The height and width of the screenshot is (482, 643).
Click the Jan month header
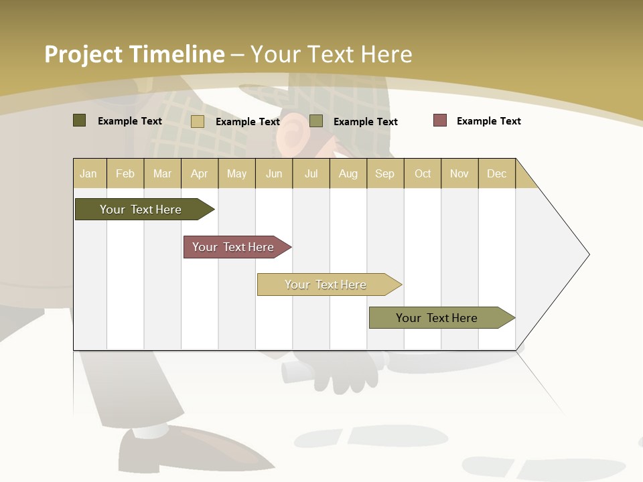(89, 173)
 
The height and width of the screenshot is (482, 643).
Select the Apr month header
(200, 173)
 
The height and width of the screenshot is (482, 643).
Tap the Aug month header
(348, 173)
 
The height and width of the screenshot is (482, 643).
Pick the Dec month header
(496, 173)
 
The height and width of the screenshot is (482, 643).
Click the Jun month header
(274, 173)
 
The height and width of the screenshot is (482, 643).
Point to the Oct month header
(423, 173)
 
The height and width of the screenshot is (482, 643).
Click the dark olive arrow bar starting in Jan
(141, 210)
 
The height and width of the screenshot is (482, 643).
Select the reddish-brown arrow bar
(233, 247)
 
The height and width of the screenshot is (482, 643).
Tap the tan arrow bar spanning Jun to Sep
(326, 285)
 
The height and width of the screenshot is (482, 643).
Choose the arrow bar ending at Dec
(437, 318)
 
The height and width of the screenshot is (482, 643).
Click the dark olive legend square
(79, 120)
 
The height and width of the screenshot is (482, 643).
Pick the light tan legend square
(197, 121)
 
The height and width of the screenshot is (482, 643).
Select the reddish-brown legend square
(439, 120)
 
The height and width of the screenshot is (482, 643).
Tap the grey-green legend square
(316, 121)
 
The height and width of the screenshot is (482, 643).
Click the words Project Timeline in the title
(134, 54)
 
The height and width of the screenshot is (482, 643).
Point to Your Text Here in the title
(332, 54)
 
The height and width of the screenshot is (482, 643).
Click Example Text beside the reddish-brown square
(488, 121)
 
